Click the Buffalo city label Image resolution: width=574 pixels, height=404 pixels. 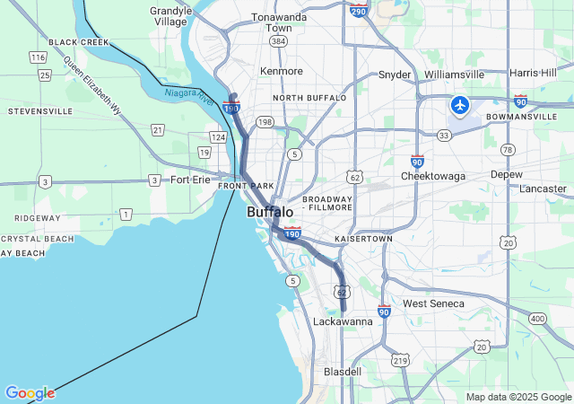[269, 213]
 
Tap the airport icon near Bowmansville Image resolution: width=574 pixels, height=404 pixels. [460, 106]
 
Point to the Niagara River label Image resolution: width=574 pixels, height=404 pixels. [188, 94]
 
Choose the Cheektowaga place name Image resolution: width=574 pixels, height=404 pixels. [433, 176]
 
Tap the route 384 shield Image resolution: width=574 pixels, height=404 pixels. [279, 41]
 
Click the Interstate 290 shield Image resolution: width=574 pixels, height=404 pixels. [359, 10]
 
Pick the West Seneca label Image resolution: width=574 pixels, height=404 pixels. [433, 303]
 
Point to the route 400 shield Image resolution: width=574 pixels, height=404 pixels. [537, 319]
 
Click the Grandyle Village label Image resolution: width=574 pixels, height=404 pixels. [170, 16]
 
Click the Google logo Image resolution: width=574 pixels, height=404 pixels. [30, 393]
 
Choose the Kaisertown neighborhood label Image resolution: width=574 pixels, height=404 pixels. [363, 240]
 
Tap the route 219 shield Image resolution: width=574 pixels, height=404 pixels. [400, 360]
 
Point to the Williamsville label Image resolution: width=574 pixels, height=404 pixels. [454, 75]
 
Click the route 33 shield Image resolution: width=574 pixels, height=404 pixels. [443, 135]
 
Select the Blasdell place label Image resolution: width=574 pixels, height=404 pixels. [342, 371]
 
